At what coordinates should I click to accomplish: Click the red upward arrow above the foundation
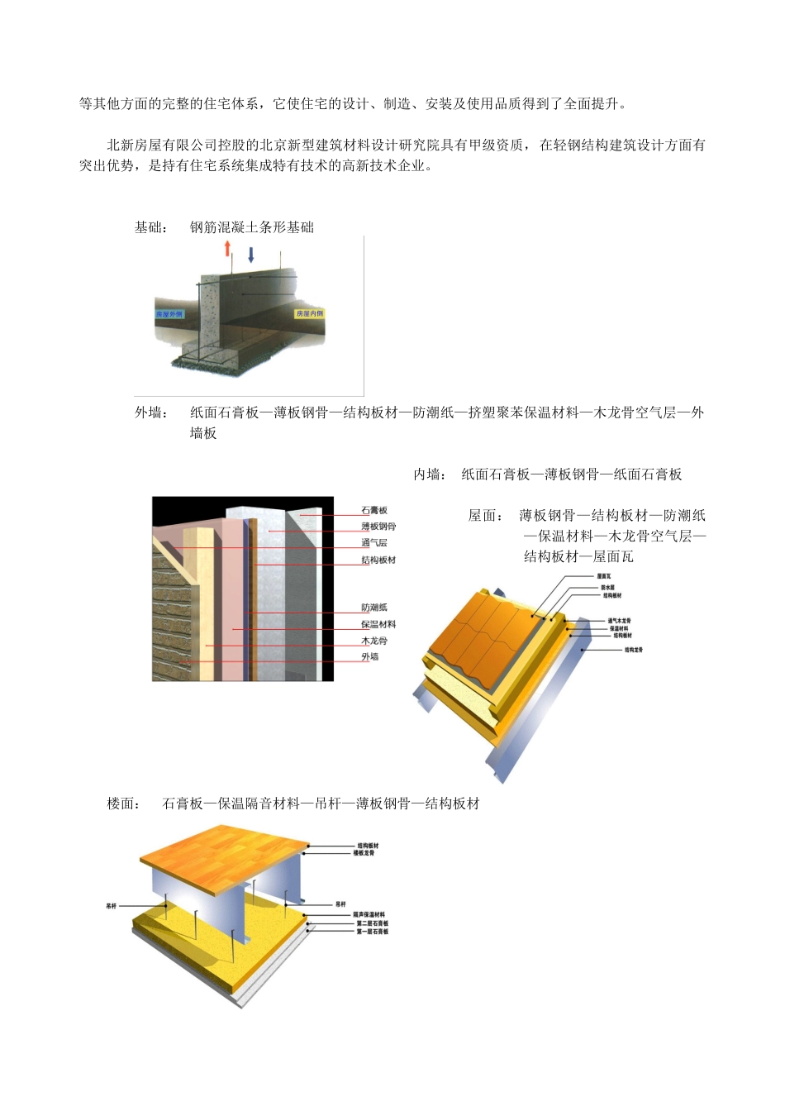(227, 249)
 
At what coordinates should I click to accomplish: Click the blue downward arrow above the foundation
(251, 254)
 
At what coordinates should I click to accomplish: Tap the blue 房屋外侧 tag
(169, 314)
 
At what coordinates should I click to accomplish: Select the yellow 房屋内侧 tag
(310, 314)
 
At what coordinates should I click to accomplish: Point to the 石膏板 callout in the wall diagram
(374, 511)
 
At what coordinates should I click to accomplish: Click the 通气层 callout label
(374, 543)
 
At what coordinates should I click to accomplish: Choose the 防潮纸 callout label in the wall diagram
(374, 608)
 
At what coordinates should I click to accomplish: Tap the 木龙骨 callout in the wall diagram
(374, 641)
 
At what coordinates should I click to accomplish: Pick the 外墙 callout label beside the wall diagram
(370, 657)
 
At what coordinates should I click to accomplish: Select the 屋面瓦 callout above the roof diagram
(604, 576)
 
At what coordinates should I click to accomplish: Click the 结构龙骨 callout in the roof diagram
(634, 651)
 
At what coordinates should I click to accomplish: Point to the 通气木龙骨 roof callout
(620, 621)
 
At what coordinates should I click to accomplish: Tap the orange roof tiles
(488, 628)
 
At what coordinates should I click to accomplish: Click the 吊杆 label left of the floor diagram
(112, 907)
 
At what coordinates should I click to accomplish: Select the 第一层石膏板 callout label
(373, 932)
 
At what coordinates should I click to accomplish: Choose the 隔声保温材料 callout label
(369, 915)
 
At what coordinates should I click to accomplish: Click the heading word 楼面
(123, 803)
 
